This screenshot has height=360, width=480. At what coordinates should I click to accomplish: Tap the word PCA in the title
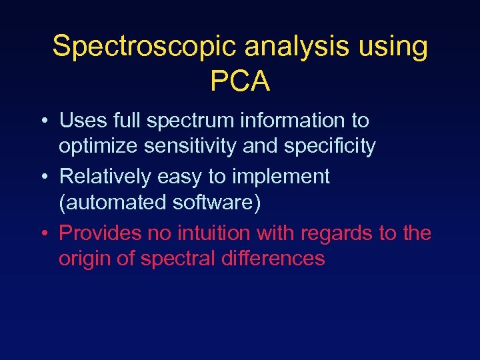(x=240, y=81)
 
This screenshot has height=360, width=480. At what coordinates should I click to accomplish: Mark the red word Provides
(x=101, y=233)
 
